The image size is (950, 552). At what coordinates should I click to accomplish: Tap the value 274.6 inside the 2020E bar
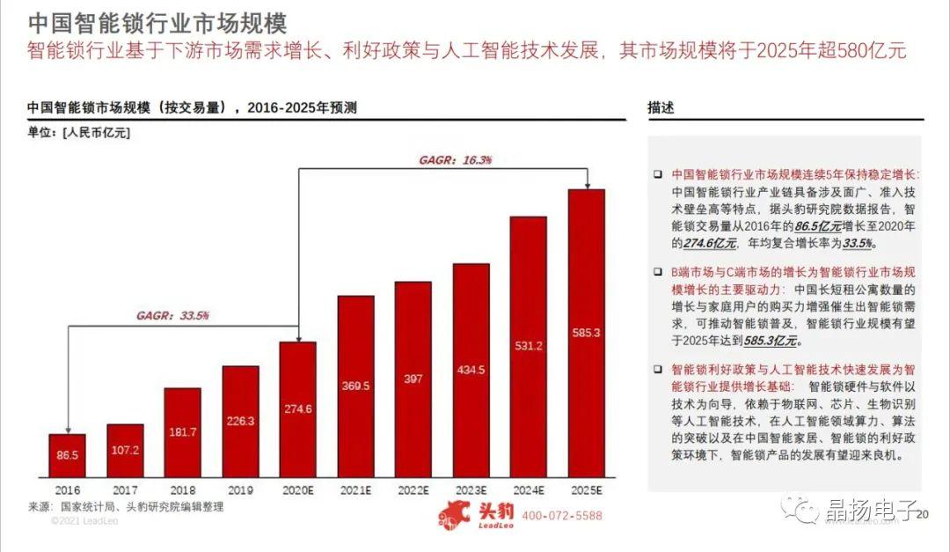coord(298,408)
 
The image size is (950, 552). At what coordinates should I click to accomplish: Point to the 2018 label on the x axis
coord(182,490)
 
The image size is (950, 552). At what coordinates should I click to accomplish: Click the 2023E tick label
coord(471,490)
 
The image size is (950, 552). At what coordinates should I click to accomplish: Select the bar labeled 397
coord(413,379)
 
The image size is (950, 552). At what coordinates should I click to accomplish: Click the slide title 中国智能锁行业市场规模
coord(157,22)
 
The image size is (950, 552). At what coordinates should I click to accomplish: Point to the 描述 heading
coord(661,107)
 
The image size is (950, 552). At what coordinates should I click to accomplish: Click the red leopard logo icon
coord(456,514)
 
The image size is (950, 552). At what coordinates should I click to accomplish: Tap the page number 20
coord(922,516)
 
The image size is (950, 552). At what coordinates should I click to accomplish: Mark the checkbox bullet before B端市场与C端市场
coord(657,273)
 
